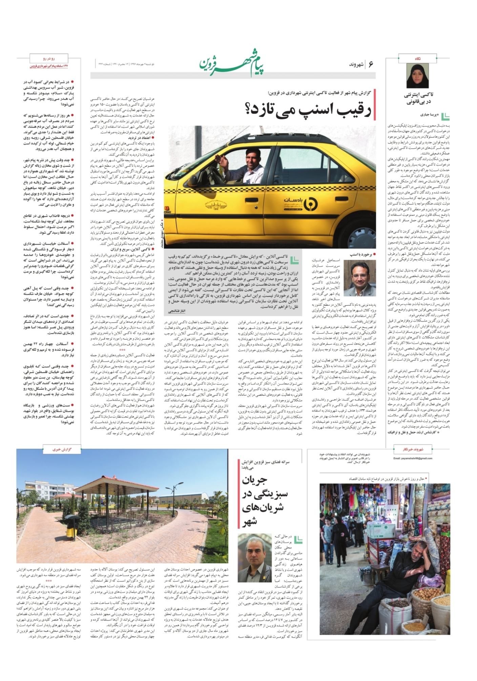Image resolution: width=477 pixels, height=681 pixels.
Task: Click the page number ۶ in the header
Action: tap(371, 64)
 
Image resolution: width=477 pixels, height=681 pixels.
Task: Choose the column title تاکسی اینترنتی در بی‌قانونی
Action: tap(418, 98)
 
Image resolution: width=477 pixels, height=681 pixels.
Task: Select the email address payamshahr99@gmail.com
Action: tap(413, 459)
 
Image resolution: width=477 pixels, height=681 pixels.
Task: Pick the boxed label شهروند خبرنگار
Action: tap(413, 450)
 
